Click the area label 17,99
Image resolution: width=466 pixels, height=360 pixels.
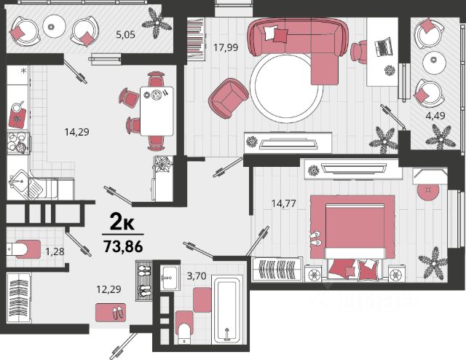226,47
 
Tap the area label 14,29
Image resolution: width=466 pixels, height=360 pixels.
76,132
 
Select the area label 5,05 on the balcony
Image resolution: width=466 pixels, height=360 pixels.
125,35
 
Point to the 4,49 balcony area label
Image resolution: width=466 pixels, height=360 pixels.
435,115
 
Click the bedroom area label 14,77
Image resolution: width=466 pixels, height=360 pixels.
283,203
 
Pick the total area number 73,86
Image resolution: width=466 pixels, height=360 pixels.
123,246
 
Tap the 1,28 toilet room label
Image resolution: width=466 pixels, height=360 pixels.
55,251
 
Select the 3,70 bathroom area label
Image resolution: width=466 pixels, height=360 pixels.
196,276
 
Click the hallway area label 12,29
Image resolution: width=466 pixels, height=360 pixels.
108,289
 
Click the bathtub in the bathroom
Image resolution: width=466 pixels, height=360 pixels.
227,310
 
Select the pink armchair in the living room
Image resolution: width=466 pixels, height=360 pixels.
228,98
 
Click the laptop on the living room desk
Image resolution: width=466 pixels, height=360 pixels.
383,47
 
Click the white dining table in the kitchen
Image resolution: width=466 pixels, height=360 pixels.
157,111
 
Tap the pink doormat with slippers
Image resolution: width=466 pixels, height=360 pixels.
111,313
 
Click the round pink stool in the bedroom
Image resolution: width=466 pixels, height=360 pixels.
428,191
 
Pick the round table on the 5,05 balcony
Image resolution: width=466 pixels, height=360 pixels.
54,26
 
